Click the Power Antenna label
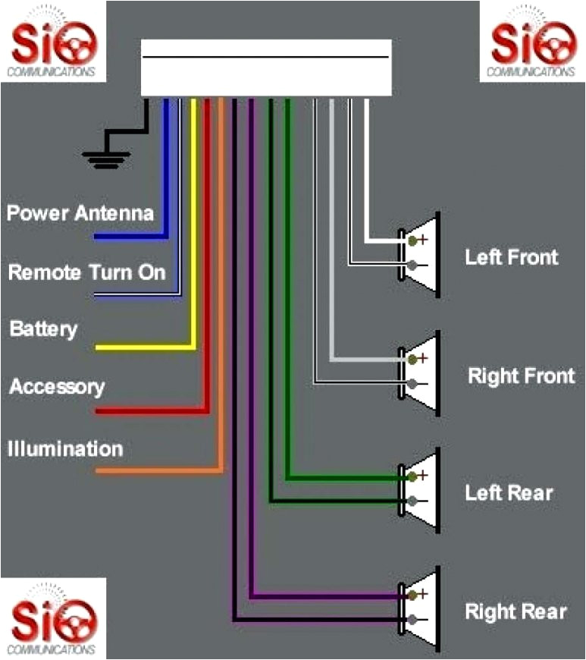pyautogui.click(x=80, y=213)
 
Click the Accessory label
pyautogui.click(x=57, y=387)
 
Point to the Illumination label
pyautogui.click(x=65, y=448)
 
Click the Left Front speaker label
pyautogui.click(x=511, y=257)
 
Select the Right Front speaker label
pyautogui.click(x=521, y=376)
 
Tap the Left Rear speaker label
pyautogui.click(x=509, y=493)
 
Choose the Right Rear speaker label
pyautogui.click(x=515, y=611)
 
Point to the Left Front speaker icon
pyautogui.click(x=421, y=253)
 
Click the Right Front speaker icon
pyautogui.click(x=421, y=371)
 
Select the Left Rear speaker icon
pyautogui.click(x=421, y=489)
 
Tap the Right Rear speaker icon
pyautogui.click(x=421, y=608)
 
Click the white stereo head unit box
pyautogui.click(x=266, y=68)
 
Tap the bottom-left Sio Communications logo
pyautogui.click(x=52, y=617)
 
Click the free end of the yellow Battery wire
pyautogui.click(x=99, y=347)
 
